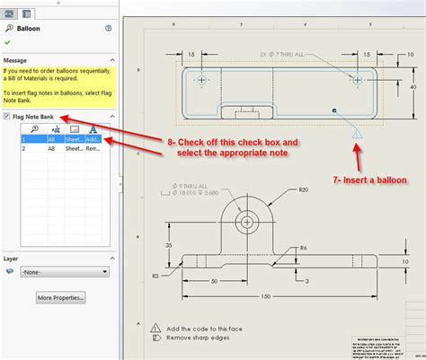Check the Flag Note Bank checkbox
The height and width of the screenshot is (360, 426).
pos(7,117)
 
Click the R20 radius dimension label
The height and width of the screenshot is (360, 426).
pos(305,189)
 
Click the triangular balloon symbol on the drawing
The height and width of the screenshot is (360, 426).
pos(357,135)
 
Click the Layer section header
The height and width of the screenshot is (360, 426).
pos(12,258)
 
